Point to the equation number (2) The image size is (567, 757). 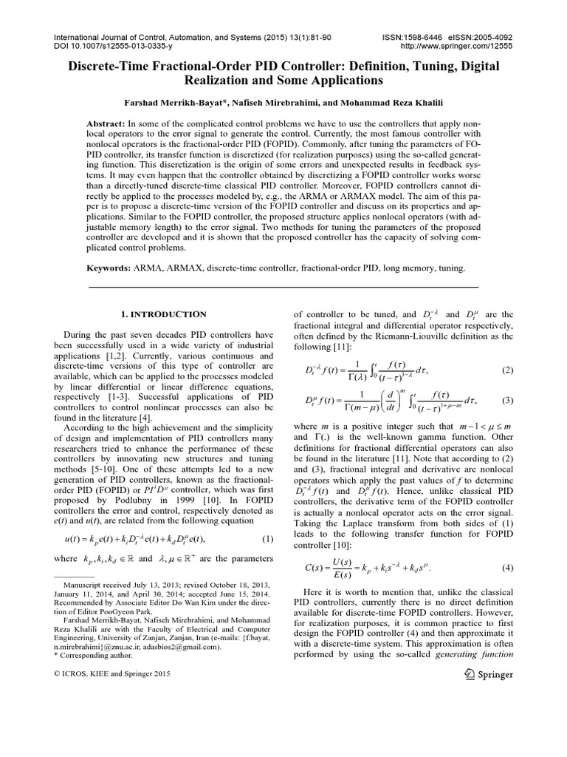tap(507, 370)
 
